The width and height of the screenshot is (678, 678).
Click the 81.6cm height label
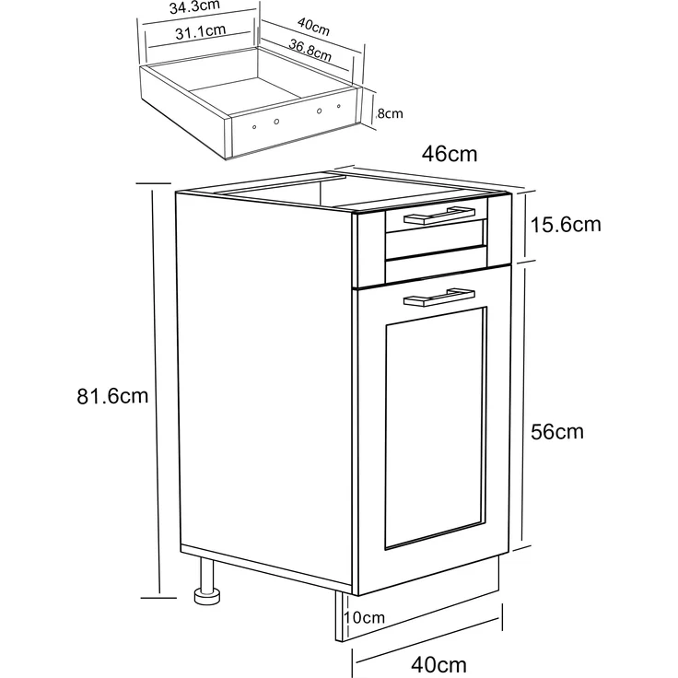112,396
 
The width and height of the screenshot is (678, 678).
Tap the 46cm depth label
450,154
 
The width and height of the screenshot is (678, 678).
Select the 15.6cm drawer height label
566,225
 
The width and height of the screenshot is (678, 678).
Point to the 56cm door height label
557,431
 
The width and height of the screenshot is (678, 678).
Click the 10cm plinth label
364,617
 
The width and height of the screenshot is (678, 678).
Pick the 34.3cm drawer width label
194,6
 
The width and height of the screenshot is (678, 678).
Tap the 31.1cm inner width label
201,31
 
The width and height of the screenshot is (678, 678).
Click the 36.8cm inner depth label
310,50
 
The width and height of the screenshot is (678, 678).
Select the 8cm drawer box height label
390,113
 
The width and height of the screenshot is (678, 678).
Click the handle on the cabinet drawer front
438,216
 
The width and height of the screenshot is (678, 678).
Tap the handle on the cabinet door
438,297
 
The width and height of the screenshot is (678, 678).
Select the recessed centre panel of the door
435,428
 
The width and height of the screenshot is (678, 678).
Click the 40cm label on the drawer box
313,27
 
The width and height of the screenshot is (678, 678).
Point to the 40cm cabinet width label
438,664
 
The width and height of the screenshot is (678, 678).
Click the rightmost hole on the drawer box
339,106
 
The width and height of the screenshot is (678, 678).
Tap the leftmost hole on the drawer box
254,127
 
